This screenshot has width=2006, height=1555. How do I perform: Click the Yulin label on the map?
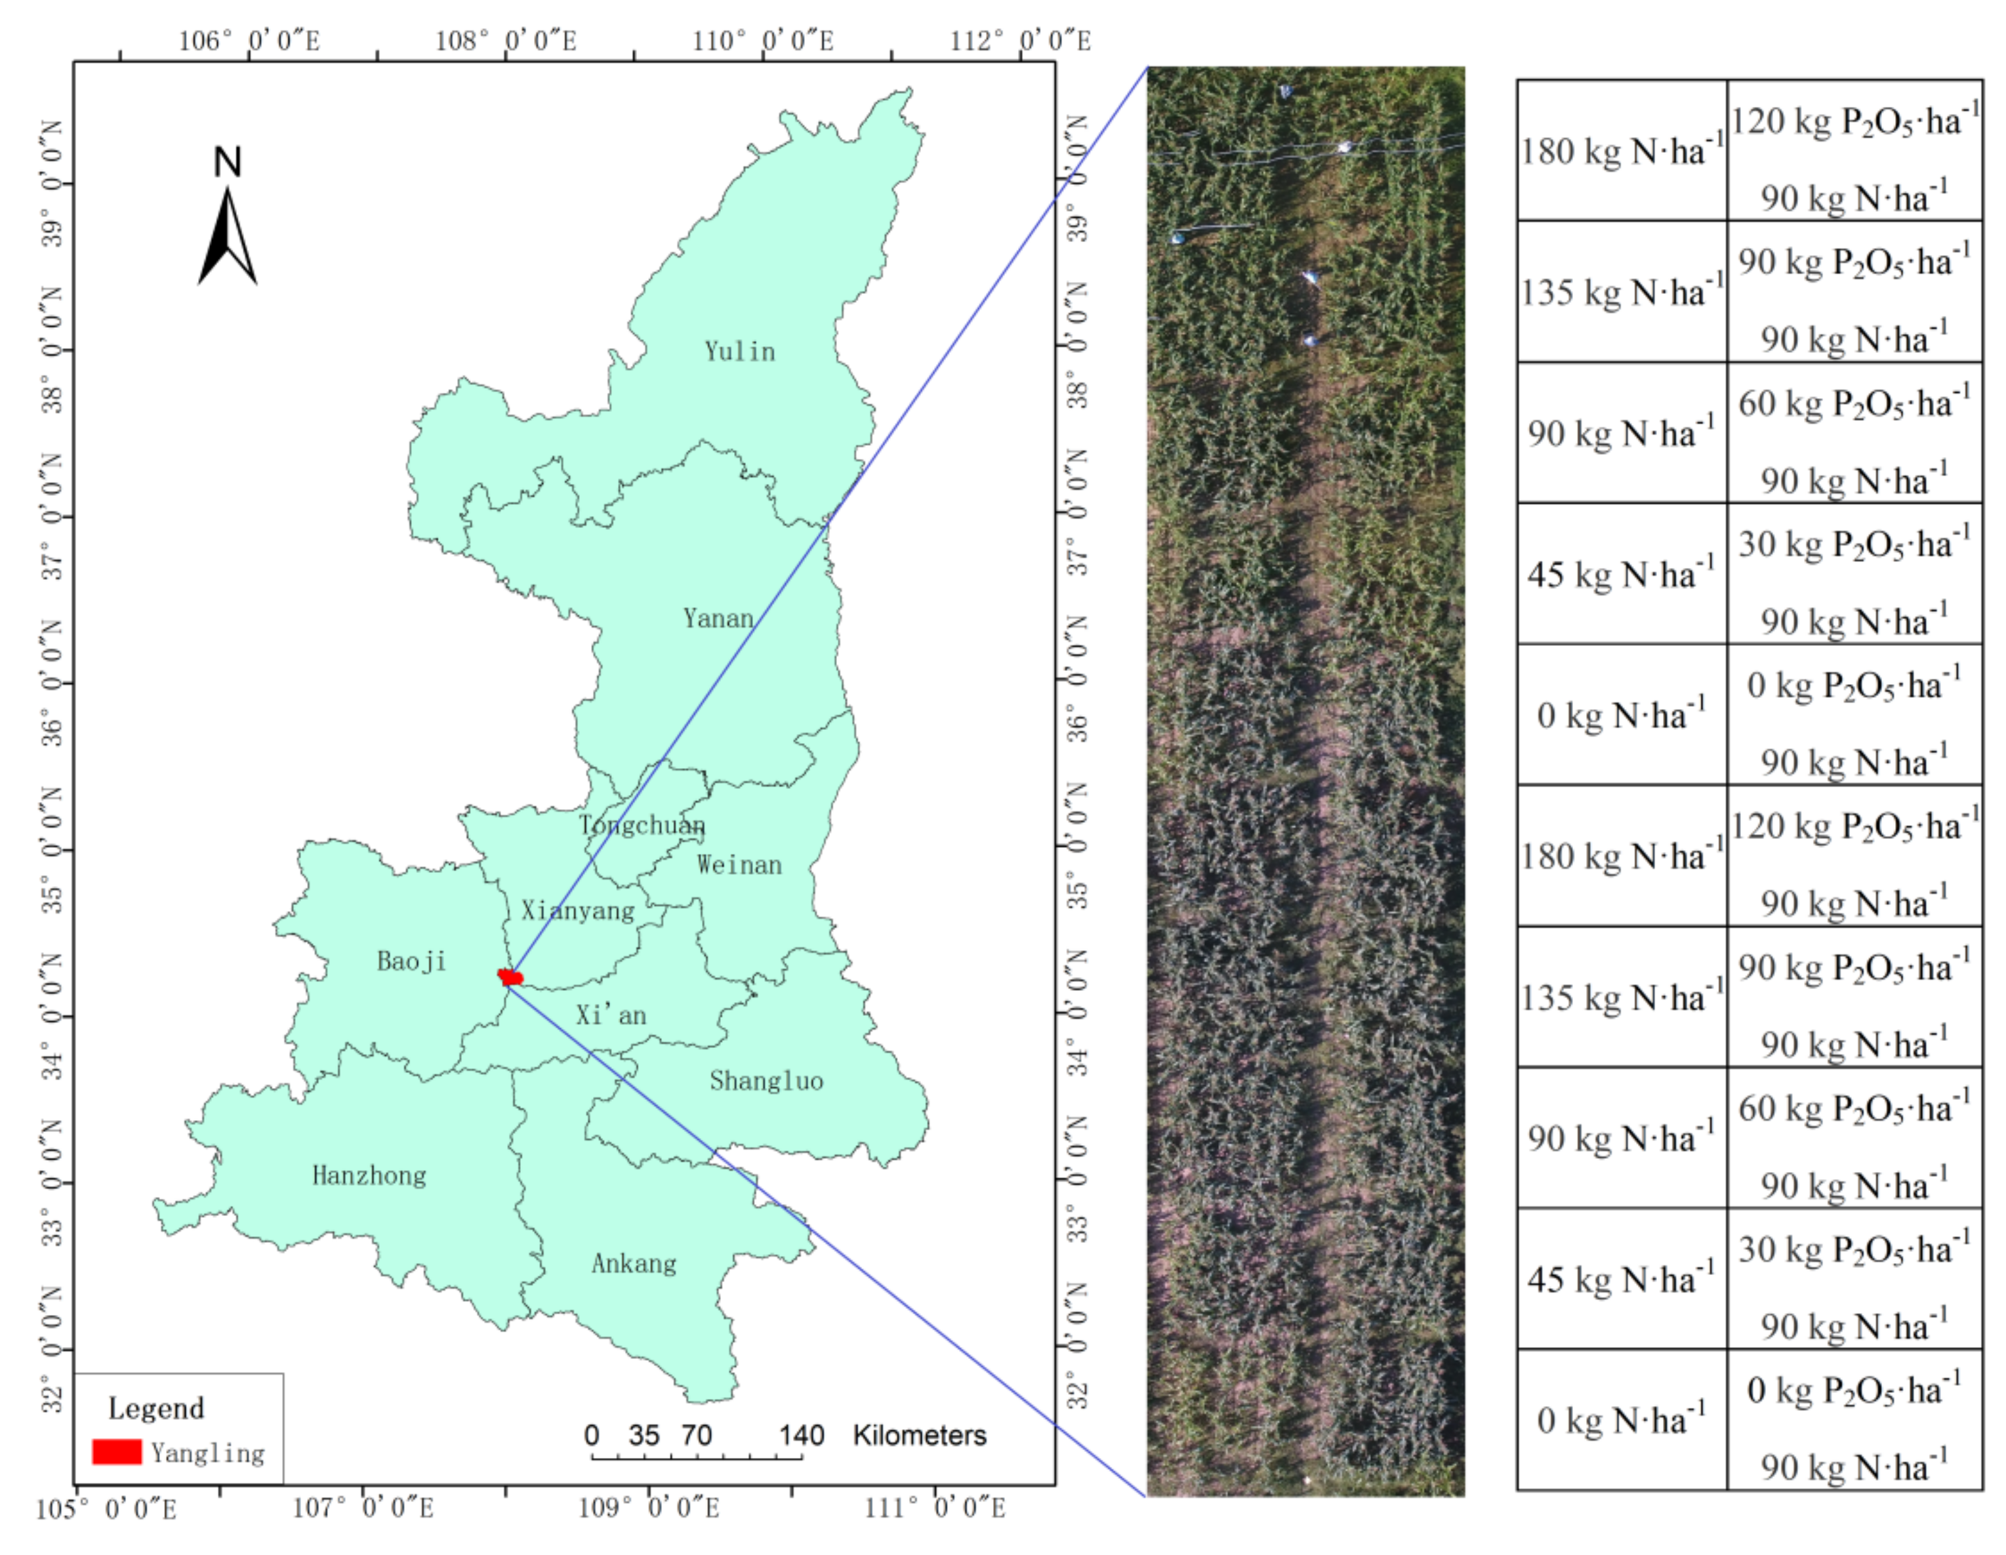[739, 352]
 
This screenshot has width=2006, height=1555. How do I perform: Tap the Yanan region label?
[718, 618]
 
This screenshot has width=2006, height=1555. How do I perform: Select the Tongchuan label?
[642, 825]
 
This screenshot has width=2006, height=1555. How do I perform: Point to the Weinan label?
[739, 864]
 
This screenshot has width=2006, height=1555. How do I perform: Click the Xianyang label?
[578, 910]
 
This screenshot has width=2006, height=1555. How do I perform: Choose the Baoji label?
[411, 961]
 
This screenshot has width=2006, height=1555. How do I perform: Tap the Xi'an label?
[611, 1015]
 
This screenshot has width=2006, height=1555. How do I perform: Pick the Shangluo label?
[766, 1080]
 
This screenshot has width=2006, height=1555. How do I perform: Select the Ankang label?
[634, 1263]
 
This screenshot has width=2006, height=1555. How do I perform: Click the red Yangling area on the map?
[510, 977]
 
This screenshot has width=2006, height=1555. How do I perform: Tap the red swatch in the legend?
[117, 1451]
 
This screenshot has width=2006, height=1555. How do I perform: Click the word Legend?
[156, 1408]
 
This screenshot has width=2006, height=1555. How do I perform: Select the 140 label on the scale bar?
[801, 1435]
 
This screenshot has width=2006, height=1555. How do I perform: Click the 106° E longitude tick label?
[249, 41]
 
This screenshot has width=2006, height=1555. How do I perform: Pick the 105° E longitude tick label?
[106, 1509]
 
